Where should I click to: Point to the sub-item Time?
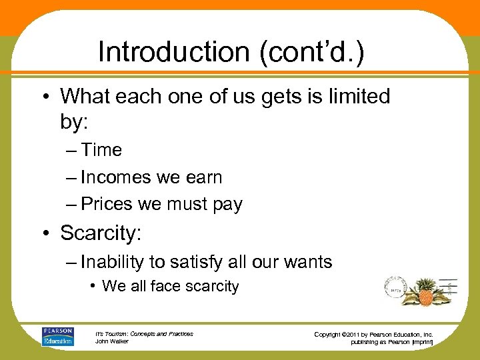pyautogui.click(x=101, y=151)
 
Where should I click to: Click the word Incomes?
pyautogui.click(x=116, y=177)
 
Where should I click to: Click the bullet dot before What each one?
pyautogui.click(x=50, y=97)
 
